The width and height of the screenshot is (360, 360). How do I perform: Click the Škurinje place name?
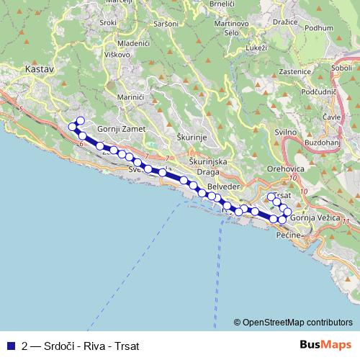192,135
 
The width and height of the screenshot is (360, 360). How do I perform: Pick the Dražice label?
286,22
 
